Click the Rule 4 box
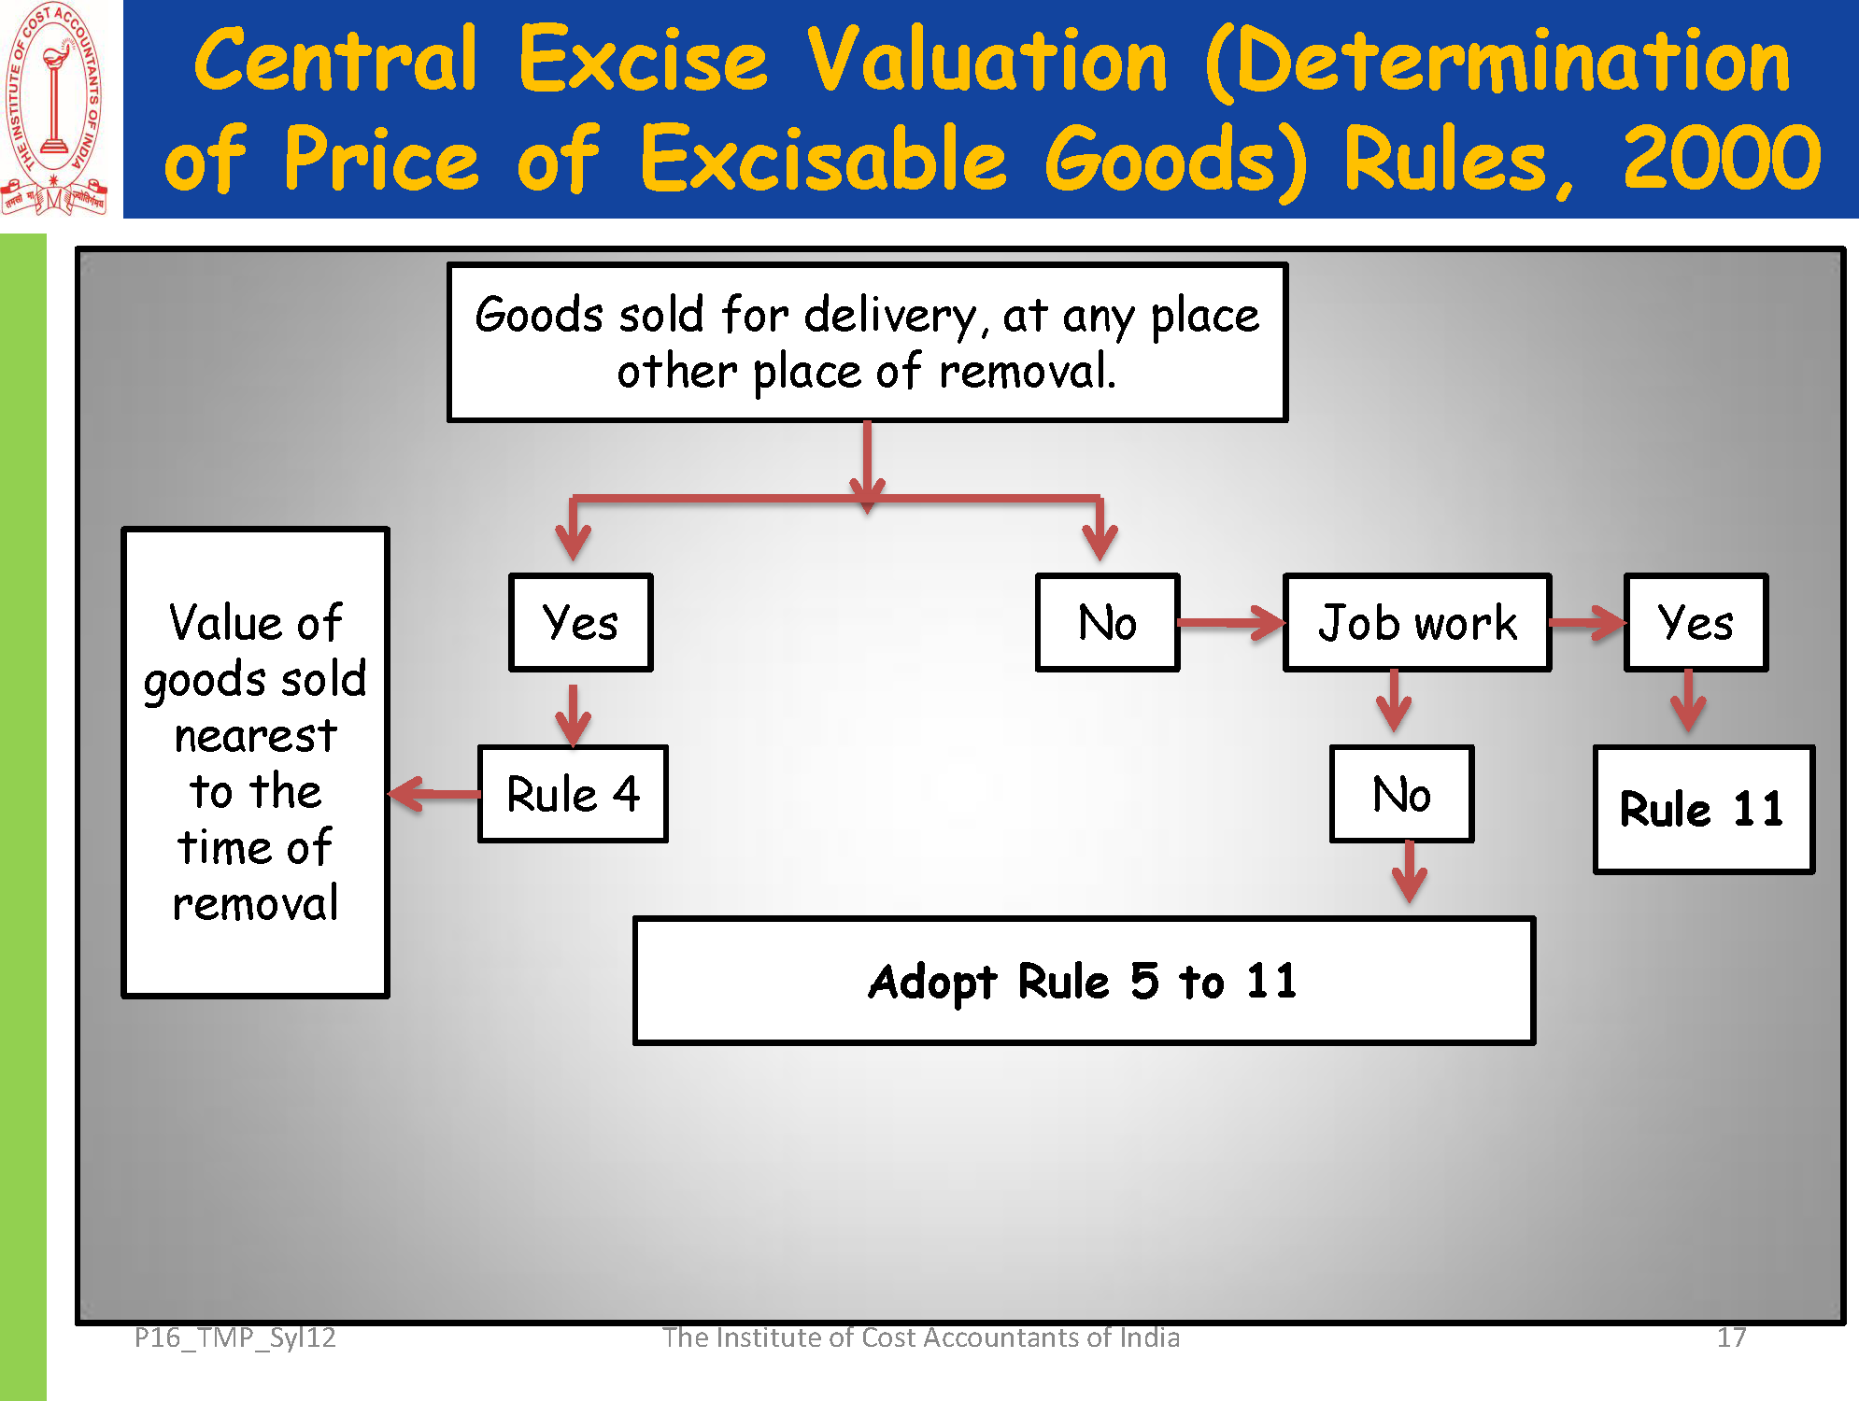point(573,794)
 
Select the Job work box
point(1417,622)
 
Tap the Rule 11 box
point(1704,809)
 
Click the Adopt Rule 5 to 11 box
point(1084,980)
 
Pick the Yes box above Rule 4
point(580,622)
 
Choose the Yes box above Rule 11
point(1696,622)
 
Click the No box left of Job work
point(1107,622)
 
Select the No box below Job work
point(1401,794)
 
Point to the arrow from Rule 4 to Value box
point(434,795)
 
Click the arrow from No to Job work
point(1231,623)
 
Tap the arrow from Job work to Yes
point(1588,623)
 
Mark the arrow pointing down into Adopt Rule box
point(1410,871)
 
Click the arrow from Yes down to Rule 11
point(1688,700)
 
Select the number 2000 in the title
point(1722,159)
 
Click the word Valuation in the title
point(987,61)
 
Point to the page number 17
point(1731,1337)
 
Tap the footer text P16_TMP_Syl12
point(234,1338)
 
